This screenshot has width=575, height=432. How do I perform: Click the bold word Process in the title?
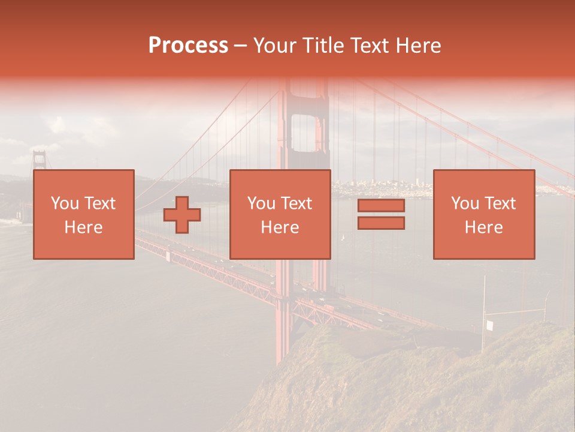[188, 46]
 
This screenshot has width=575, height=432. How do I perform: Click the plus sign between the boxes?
[182, 214]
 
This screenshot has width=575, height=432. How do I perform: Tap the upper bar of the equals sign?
[381, 206]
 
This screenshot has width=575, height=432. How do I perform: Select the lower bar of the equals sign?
[381, 223]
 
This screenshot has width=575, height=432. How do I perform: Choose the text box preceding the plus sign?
[84, 214]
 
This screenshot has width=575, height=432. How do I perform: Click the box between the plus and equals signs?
[280, 214]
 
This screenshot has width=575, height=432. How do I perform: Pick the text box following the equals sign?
[484, 214]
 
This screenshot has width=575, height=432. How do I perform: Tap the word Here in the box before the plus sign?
[83, 227]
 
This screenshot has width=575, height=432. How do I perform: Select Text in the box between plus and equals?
[297, 203]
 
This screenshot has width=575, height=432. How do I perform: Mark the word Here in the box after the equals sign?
[484, 227]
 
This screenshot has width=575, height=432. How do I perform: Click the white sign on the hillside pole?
[489, 326]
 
